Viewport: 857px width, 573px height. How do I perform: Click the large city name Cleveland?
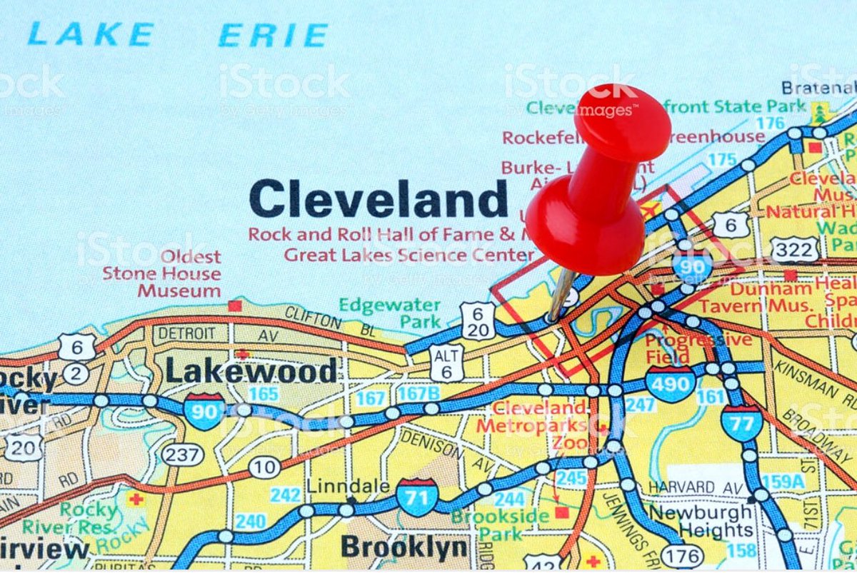pyautogui.click(x=379, y=199)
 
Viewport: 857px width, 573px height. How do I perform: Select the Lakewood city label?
pyautogui.click(x=251, y=371)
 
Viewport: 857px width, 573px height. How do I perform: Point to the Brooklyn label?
pyautogui.click(x=404, y=547)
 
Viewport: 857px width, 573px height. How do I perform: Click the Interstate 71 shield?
pyautogui.click(x=417, y=497)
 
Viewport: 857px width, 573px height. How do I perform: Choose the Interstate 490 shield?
pyautogui.click(x=671, y=384)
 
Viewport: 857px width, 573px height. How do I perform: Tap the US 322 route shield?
pyautogui.click(x=796, y=250)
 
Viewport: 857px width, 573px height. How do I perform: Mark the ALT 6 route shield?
pyautogui.click(x=446, y=362)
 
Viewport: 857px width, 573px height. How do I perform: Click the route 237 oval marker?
pyautogui.click(x=182, y=454)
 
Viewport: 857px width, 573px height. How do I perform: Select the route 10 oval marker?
pyautogui.click(x=264, y=467)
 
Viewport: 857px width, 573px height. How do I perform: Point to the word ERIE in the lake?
pyautogui.click(x=274, y=35)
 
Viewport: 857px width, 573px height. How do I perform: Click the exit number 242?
pyautogui.click(x=285, y=495)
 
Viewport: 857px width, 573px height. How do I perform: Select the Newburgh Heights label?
pyautogui.click(x=700, y=522)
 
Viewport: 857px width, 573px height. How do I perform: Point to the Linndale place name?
pyautogui.click(x=348, y=486)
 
